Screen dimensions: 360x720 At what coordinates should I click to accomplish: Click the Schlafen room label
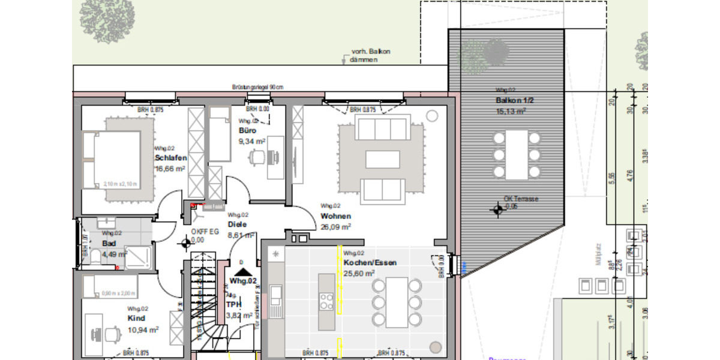tap(170, 158)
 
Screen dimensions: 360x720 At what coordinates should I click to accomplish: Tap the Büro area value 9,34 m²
tap(252, 142)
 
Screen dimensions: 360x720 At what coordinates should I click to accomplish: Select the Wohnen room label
tap(335, 216)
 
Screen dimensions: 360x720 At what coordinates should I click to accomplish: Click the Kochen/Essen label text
tap(370, 263)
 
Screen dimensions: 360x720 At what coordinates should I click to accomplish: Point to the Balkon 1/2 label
tap(511, 100)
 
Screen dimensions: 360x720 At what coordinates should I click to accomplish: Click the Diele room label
tap(237, 224)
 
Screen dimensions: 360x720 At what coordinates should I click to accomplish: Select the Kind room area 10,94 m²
tap(143, 330)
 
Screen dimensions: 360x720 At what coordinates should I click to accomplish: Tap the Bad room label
tap(109, 244)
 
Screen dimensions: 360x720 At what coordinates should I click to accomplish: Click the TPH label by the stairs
tap(233, 304)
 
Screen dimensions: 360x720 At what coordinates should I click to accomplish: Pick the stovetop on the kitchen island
tap(326, 301)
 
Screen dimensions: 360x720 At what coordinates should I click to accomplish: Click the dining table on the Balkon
tap(515, 154)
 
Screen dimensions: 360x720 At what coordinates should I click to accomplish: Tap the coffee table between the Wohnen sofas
tap(382, 159)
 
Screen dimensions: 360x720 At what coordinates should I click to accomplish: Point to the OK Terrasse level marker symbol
tap(497, 209)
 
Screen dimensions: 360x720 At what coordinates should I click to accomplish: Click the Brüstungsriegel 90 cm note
tap(257, 88)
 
